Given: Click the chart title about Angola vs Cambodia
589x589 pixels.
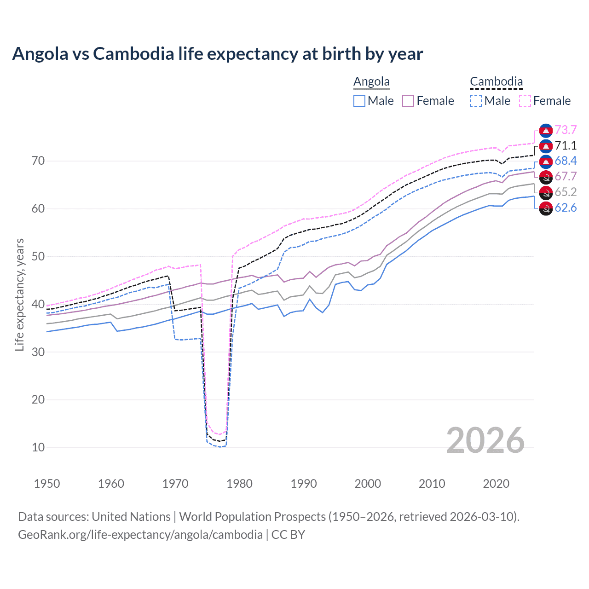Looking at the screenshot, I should pos(217,54).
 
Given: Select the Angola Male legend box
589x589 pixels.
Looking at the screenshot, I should pos(359,101).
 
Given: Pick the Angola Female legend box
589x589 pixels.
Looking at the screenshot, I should pos(408,101).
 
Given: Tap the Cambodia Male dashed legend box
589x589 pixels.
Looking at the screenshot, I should pos(476,101).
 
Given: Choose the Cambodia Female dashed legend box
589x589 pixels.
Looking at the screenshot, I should pos(525,101).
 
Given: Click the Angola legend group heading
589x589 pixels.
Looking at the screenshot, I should pos(371,82).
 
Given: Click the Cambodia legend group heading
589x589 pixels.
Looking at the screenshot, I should pos(496,82).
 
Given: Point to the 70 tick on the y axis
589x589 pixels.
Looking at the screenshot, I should pos(38,161).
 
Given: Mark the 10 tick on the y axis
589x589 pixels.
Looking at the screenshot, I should pos(38,447).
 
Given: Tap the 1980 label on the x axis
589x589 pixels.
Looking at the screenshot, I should pos(239,484).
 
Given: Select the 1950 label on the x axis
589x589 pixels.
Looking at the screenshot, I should pos(47,484).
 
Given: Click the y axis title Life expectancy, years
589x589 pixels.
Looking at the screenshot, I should pos(19,294).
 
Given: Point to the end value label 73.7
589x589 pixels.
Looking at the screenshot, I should pos(566,130).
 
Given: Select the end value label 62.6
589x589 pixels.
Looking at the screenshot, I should pos(566,208).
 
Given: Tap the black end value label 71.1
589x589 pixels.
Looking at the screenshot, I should pos(566,146).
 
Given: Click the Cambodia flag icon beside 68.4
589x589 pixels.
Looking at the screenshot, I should pos(546,161).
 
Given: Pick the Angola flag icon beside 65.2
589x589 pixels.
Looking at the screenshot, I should pos(546,192).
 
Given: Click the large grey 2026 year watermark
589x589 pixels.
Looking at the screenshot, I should pos(485,440).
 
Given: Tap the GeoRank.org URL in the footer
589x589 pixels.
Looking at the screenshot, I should pos(140,535).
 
